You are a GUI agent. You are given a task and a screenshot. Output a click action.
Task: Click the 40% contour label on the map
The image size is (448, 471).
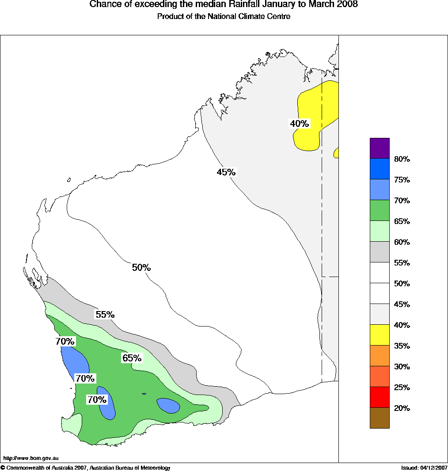click(299, 124)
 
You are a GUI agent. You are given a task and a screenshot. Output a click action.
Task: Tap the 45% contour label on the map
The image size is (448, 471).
click(226, 172)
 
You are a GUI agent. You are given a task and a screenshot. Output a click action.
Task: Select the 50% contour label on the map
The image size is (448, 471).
click(141, 267)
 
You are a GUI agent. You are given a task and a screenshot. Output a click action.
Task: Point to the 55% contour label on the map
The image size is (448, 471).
click(105, 315)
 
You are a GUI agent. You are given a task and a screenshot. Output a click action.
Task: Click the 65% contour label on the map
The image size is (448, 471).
click(132, 358)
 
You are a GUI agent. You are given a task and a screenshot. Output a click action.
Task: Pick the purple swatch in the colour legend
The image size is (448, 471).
click(380, 148)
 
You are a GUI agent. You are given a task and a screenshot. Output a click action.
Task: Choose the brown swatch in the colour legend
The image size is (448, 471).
click(380, 418)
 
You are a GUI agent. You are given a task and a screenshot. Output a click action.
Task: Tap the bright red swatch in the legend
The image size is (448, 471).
click(380, 397)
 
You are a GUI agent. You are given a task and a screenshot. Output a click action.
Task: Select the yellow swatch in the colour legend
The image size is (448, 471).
click(380, 334)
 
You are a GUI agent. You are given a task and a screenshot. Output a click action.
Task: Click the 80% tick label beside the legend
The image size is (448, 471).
click(402, 159)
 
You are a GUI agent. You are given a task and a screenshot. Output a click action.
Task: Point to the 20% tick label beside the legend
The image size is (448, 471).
click(402, 408)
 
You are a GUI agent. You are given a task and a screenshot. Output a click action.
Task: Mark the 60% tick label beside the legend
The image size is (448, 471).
click(402, 242)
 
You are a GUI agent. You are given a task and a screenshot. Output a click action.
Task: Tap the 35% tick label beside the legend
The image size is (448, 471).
click(402, 346)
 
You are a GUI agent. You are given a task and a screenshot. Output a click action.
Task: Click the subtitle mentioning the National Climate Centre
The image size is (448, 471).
click(224, 17)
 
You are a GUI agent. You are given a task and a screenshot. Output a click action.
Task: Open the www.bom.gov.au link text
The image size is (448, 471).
click(31, 459)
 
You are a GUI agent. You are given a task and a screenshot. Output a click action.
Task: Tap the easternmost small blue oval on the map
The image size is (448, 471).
click(168, 405)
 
